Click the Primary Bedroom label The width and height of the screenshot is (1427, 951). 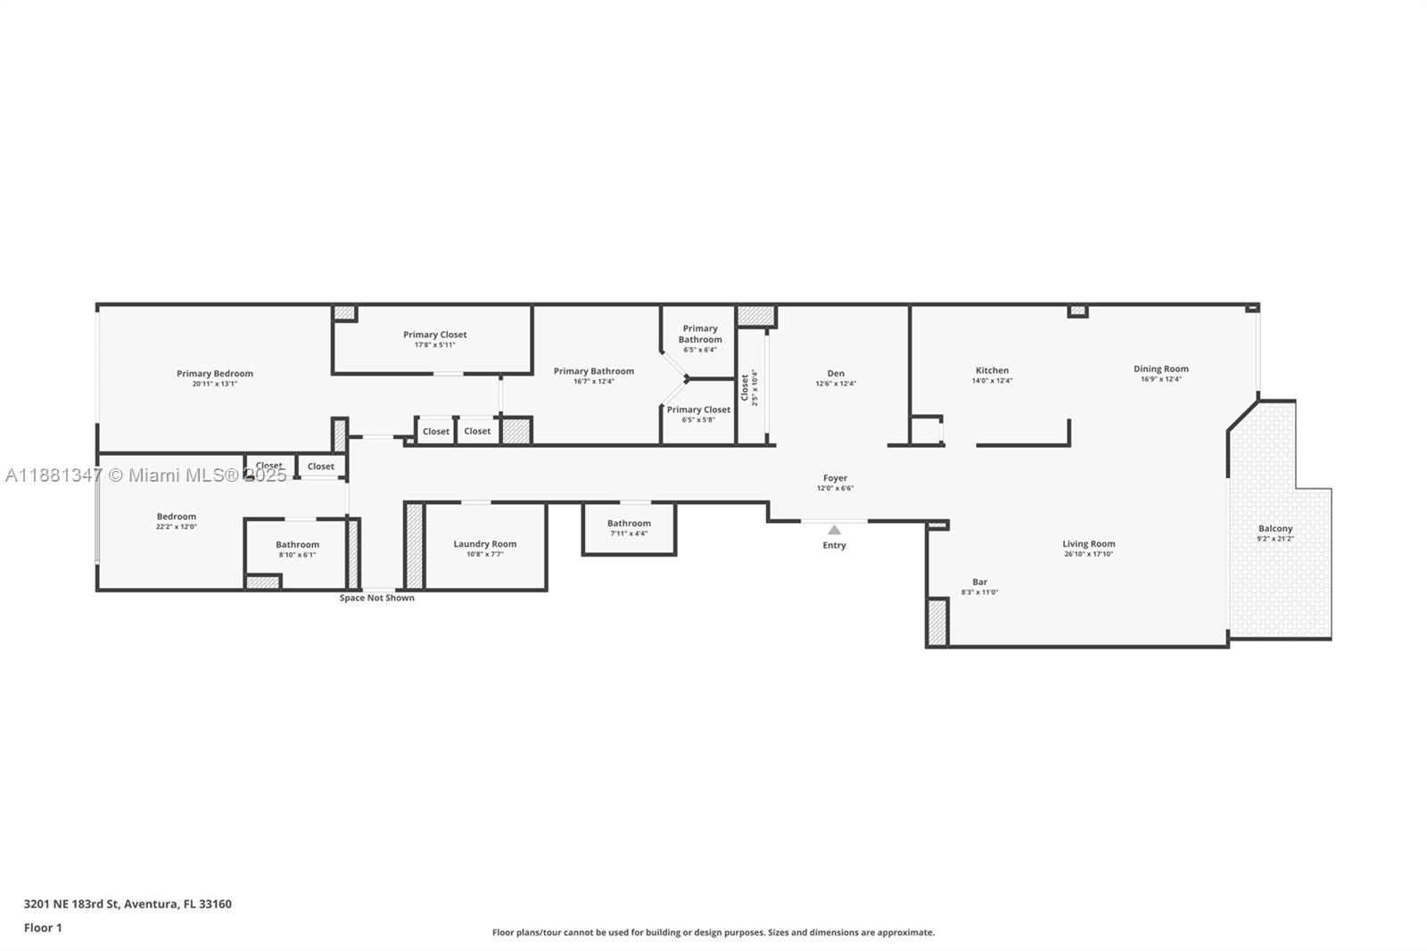pos(215,374)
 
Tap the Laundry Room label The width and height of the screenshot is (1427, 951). pos(484,544)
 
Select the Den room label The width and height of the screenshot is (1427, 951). pos(836,374)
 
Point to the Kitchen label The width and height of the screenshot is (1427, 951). pos(992,370)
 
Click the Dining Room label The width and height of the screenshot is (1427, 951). pos(1160,368)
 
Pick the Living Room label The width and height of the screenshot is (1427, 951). pos(1088,543)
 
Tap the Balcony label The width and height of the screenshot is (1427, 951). pos(1274,528)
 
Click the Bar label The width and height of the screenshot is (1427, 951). pos(979,582)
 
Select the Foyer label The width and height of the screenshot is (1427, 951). pos(835,478)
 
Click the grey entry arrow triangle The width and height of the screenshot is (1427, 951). pos(834,530)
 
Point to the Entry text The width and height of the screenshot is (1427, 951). pos(834,545)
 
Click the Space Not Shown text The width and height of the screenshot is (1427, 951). pos(376,598)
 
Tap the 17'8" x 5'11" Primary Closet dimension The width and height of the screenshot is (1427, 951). pos(435,345)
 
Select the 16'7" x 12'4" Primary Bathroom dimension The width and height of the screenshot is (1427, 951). pos(593,382)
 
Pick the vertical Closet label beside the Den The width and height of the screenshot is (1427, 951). pos(745,387)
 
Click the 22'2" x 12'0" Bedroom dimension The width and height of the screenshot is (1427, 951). pos(176,527)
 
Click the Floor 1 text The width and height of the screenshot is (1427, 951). pos(43,928)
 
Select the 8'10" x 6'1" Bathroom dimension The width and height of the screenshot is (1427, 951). pos(297,555)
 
